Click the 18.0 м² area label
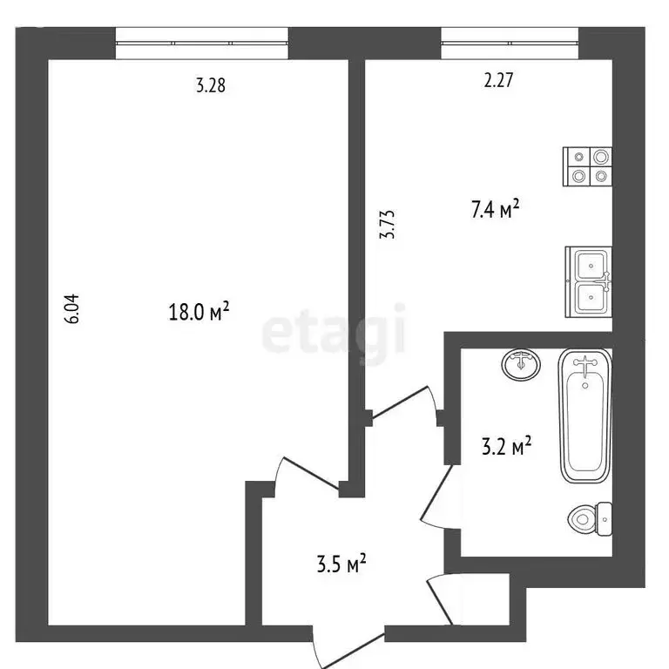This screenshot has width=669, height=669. click(199, 312)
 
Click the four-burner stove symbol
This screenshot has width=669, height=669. click(589, 166)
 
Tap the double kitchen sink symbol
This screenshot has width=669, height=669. click(589, 281)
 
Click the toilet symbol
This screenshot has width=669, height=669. click(590, 520)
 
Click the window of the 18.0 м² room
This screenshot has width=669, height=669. click(202, 43)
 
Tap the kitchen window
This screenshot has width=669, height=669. click(510, 43)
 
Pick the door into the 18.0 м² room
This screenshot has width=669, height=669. click(303, 476)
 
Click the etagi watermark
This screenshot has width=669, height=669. click(334, 332)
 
